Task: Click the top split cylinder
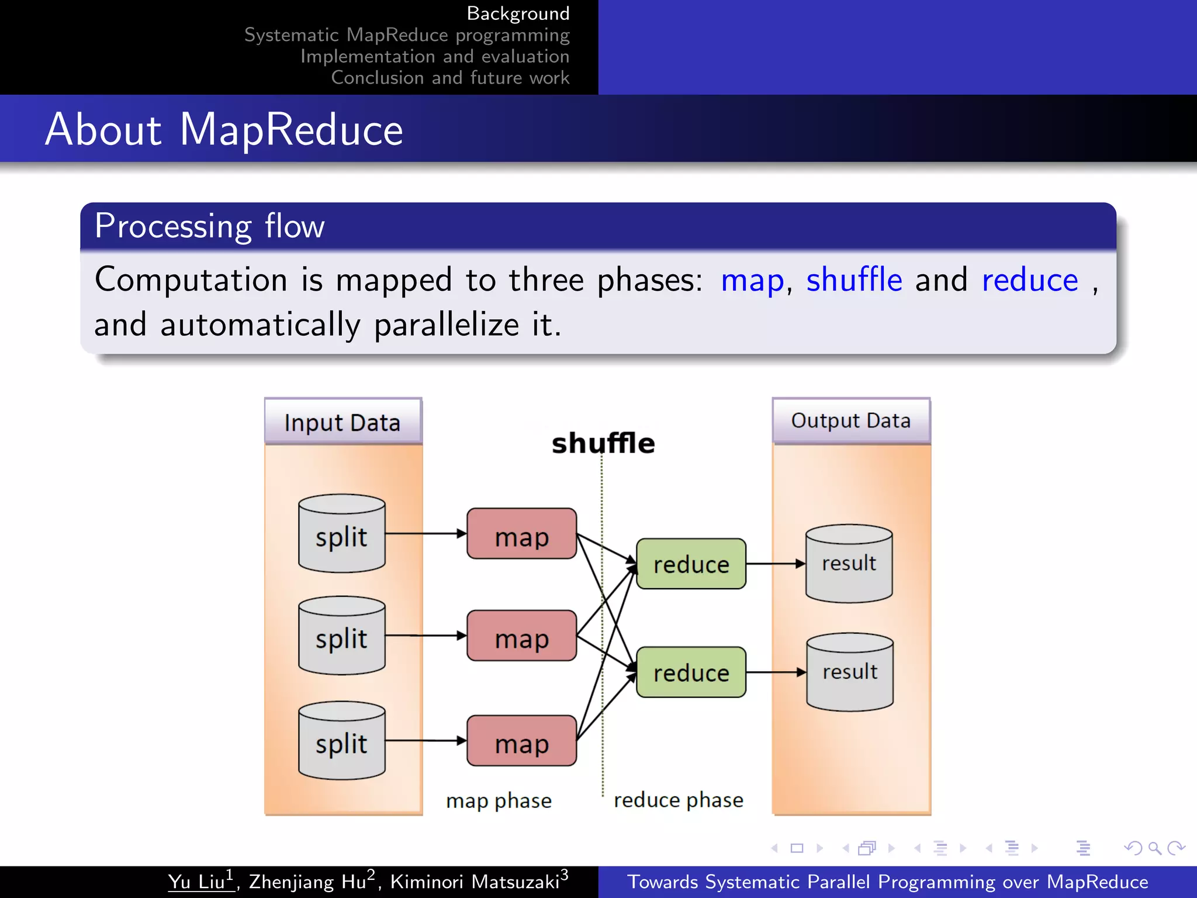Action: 341,534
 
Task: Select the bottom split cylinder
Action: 341,741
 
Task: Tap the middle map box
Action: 521,636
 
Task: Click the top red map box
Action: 521,534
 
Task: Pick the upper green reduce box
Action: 691,564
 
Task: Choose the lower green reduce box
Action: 691,672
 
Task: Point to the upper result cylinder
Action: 849,564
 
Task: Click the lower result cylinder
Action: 850,672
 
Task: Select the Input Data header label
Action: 343,422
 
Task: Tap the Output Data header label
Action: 851,421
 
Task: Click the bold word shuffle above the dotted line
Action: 603,443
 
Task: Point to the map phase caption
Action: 499,800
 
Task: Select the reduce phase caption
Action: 678,800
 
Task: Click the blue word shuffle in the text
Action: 854,279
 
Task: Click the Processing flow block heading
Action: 209,226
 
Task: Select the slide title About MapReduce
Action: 224,129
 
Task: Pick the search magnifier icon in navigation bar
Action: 1154,848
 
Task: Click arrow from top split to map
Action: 425,534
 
